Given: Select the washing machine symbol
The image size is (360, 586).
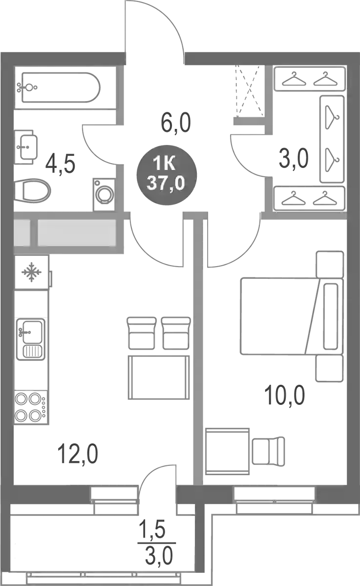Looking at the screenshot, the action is click(104, 194).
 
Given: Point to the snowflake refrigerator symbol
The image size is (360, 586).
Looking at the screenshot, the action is click(32, 272).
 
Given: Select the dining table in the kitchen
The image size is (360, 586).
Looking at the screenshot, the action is click(159, 377).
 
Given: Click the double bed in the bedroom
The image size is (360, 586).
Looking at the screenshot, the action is click(292, 316).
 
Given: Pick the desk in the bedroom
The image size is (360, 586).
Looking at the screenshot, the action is click(227, 451).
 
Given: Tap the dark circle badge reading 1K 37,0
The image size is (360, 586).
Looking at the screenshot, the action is click(167, 175).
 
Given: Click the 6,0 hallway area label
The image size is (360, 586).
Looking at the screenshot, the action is click(176, 123).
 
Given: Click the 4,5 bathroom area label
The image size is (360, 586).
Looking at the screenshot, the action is click(60, 164).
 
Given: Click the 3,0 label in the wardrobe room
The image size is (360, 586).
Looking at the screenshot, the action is click(294, 159).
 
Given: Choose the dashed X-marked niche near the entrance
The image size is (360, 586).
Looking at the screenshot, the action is click(250, 91).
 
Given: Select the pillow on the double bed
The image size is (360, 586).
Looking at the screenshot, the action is click(330, 316).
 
